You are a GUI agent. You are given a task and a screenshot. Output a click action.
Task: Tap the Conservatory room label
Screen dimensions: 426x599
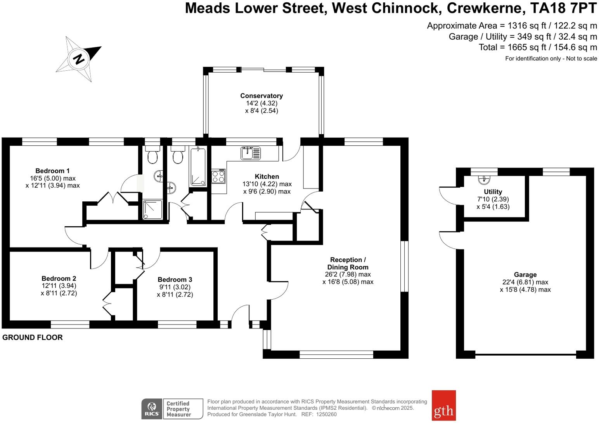click(x=261, y=96)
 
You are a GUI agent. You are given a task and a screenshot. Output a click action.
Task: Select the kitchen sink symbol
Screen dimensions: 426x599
click(x=251, y=153)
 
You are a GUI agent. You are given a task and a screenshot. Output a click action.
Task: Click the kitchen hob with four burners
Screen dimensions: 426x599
click(x=218, y=177)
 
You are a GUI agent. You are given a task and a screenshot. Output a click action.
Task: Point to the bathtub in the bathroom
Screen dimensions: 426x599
click(x=198, y=166)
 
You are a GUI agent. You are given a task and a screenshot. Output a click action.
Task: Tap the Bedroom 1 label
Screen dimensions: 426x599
click(x=52, y=171)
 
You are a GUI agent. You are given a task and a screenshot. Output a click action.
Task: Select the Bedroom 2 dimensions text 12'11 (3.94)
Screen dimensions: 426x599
click(x=59, y=286)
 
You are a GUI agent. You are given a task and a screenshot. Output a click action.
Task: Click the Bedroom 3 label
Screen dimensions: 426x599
click(x=175, y=279)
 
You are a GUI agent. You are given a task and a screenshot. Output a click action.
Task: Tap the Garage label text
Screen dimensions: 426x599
click(x=525, y=274)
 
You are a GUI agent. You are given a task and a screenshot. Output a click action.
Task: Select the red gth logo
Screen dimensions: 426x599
click(x=443, y=405)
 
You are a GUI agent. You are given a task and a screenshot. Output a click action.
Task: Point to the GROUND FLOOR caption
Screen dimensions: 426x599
click(x=33, y=337)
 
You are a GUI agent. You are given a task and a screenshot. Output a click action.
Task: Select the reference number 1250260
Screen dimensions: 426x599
click(x=326, y=414)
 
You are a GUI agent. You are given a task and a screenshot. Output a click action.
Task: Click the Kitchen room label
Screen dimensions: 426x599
click(x=267, y=176)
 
